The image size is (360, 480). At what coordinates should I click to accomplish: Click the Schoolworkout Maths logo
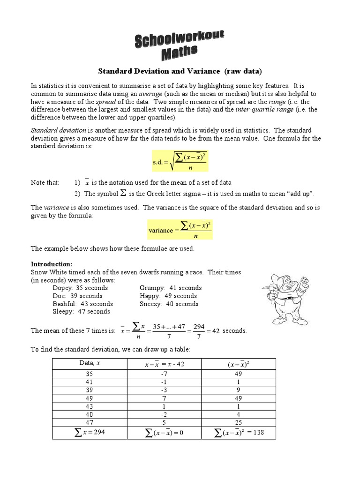(180, 46)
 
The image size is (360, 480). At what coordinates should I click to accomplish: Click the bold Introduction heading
(52, 264)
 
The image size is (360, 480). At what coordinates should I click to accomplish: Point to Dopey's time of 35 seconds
(80, 288)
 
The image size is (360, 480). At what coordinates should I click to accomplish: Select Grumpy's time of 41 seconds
(171, 288)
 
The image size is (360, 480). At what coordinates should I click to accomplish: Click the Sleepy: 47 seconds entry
(82, 312)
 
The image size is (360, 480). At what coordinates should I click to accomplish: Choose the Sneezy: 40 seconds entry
(169, 304)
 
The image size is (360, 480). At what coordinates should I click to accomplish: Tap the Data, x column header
(89, 363)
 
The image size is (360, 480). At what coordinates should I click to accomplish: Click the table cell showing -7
(164, 374)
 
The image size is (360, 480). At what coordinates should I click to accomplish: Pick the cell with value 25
(239, 421)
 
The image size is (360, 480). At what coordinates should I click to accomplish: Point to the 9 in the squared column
(239, 390)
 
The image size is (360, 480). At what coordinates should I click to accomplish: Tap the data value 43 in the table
(89, 405)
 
